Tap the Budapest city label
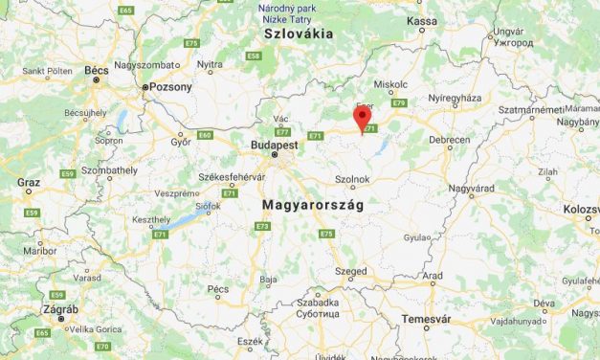point(269,144)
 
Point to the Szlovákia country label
point(299,34)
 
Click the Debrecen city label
point(450,140)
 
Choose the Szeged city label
point(350,271)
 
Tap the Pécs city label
point(218,288)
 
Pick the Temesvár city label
point(425,317)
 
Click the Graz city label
point(29,181)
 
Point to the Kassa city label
point(421,20)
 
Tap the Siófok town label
point(209,204)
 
